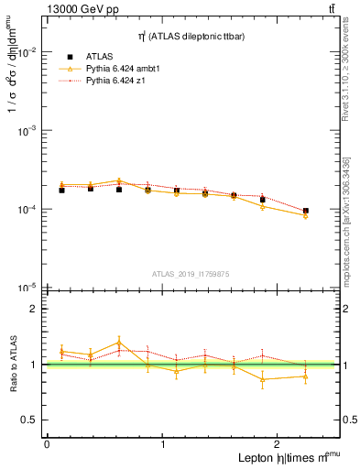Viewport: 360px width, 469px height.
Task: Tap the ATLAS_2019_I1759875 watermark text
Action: [x=191, y=273]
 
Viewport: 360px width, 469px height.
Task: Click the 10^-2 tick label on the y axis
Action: [x=27, y=52]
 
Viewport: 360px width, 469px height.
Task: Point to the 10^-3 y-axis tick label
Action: [x=27, y=131]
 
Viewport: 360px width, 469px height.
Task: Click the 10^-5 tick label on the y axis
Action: [x=27, y=288]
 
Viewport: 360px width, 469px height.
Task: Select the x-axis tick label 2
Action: [x=278, y=443]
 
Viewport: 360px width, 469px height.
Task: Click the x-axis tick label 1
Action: [x=163, y=443]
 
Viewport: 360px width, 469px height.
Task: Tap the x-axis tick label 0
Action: [x=47, y=443]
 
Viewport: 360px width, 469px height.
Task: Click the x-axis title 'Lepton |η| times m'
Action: [x=280, y=457]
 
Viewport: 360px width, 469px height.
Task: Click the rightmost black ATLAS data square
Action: [x=306, y=211]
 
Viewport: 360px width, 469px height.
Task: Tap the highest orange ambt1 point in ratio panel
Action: [x=119, y=343]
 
